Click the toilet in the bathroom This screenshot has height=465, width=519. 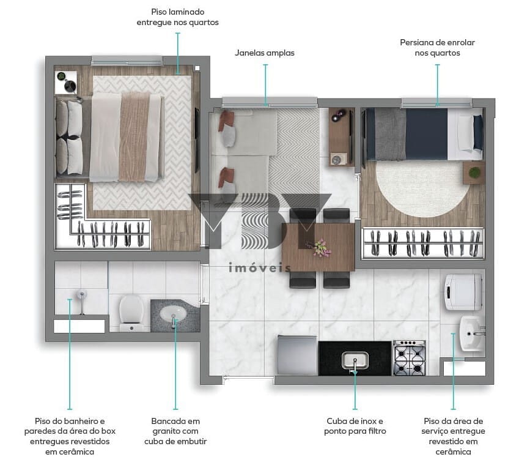[131, 313]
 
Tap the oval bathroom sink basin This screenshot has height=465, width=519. [173, 313]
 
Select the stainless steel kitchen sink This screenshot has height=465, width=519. [355, 360]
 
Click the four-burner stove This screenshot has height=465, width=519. [410, 358]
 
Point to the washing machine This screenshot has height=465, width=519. [463, 292]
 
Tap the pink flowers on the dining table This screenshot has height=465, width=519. [319, 248]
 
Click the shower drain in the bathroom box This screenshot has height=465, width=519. [81, 294]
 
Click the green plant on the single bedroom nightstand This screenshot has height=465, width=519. [474, 173]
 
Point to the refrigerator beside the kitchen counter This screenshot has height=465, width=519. [297, 355]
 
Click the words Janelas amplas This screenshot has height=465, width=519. [265, 53]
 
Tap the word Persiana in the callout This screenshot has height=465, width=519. [416, 42]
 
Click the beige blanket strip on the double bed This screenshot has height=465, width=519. [134, 137]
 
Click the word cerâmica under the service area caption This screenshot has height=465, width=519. [453, 452]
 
